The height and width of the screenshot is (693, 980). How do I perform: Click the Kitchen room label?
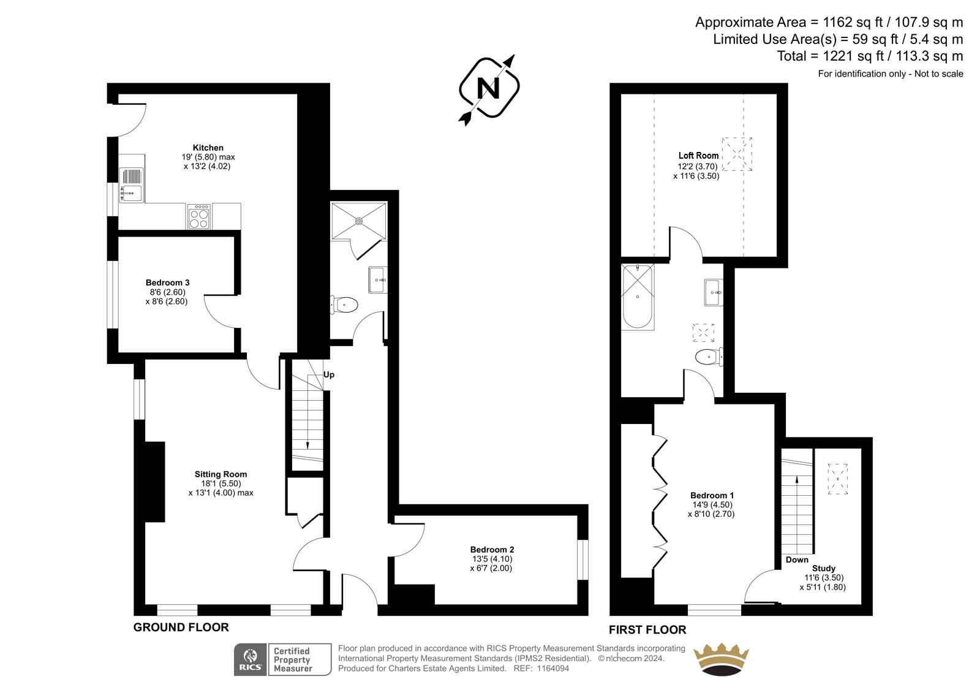[x=208, y=148]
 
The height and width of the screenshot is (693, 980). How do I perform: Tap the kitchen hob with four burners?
[x=199, y=216]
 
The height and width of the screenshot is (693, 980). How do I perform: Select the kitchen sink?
[x=131, y=186]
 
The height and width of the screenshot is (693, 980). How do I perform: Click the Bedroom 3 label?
[x=168, y=282]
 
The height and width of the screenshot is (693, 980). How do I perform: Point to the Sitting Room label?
[x=221, y=474]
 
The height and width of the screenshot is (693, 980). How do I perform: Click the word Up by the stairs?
[x=329, y=375]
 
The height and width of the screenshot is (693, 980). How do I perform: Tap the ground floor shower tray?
[x=359, y=221]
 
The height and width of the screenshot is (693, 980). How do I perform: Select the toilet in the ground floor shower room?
[x=344, y=305]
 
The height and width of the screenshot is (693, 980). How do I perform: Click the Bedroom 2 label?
[x=492, y=550]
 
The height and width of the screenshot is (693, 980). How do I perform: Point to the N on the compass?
[x=489, y=88]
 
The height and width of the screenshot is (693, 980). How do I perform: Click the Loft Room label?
[x=699, y=156]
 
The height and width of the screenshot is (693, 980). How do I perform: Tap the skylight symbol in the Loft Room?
[x=737, y=154]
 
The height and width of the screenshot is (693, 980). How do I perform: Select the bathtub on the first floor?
[x=638, y=297]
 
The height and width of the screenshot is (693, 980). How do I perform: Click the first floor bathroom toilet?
[x=709, y=357]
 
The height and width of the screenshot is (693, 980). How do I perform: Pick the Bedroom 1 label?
[x=712, y=495]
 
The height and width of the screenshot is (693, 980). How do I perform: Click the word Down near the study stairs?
[x=797, y=559]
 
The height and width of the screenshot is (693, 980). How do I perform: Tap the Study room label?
[x=824, y=568]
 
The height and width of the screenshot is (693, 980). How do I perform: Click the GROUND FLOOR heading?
[x=181, y=627]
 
